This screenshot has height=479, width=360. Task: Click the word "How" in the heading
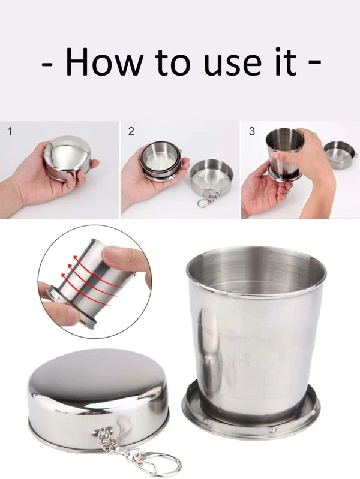(x=104, y=62)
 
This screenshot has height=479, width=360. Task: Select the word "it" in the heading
(x=286, y=62)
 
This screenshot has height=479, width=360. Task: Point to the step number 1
(x=10, y=132)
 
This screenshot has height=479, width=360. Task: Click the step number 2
(x=131, y=132)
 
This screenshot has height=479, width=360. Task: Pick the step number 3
(x=252, y=132)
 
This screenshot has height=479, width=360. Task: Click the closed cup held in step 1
(x=68, y=157)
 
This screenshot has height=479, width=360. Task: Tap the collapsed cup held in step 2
(x=161, y=161)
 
